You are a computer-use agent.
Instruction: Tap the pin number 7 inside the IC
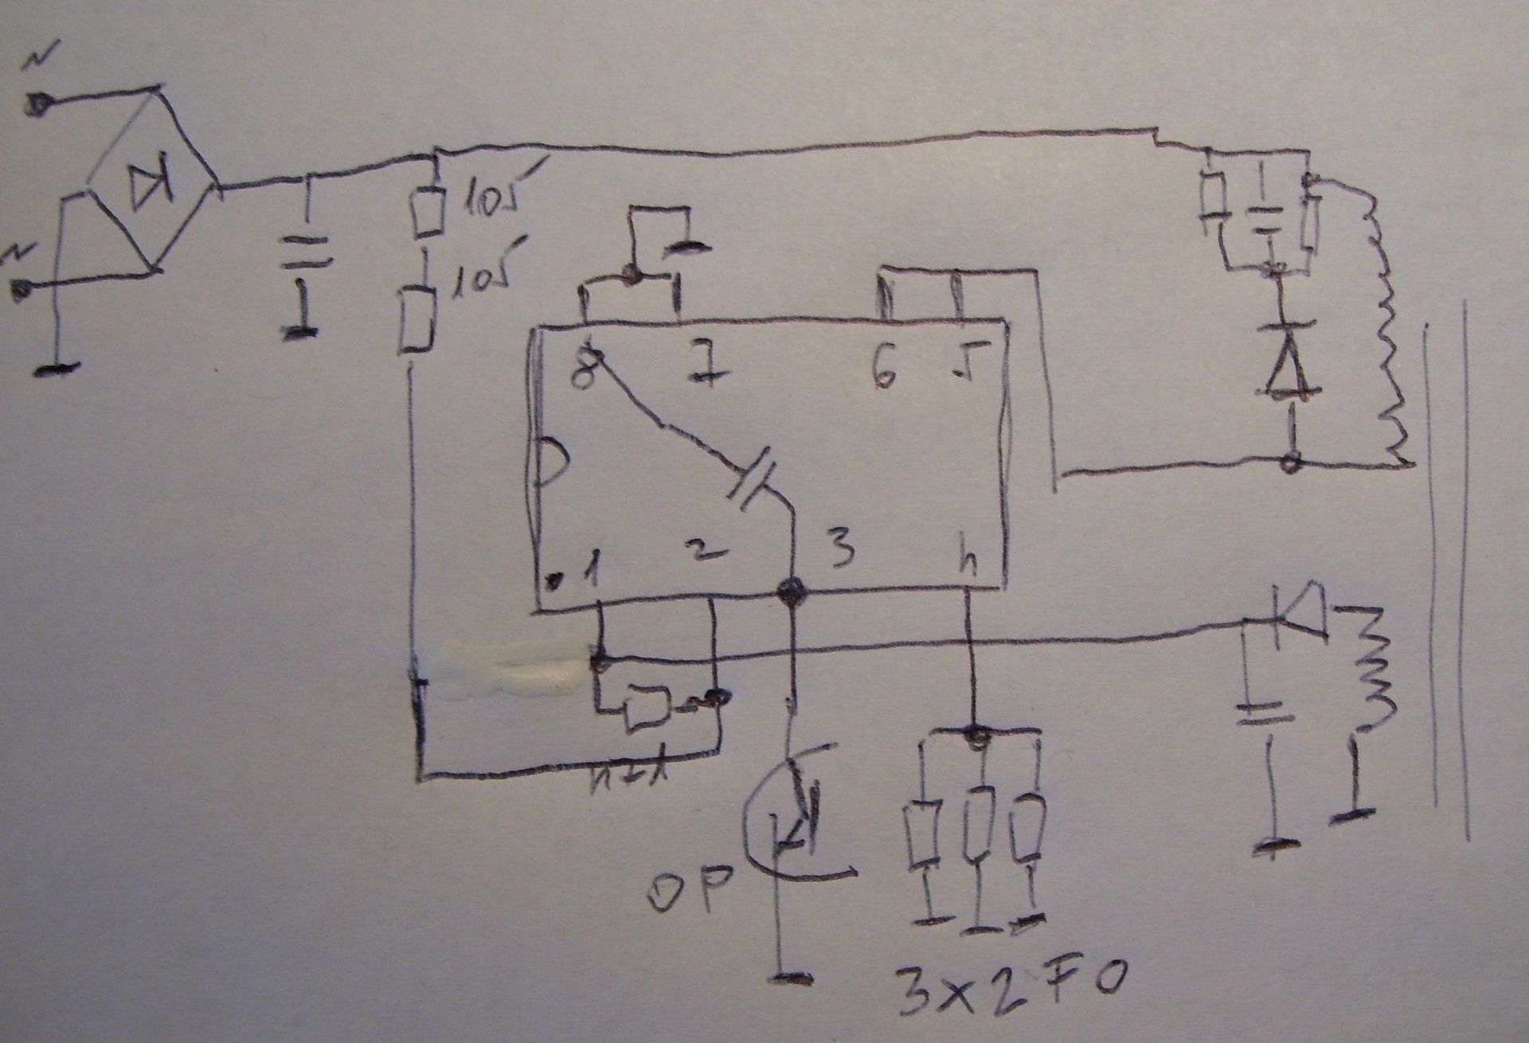701,368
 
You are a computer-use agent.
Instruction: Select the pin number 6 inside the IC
883,368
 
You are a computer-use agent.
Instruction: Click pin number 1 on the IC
589,570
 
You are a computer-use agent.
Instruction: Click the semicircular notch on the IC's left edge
549,462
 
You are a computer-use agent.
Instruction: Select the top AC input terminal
35,104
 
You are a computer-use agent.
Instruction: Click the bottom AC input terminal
22,288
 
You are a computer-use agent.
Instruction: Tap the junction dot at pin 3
792,592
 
